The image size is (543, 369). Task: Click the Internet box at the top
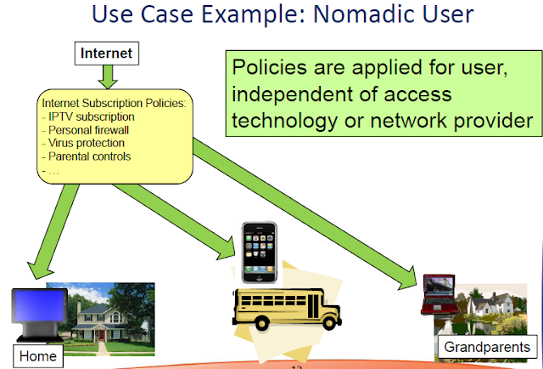tap(107, 53)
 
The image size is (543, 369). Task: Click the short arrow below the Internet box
tap(107, 77)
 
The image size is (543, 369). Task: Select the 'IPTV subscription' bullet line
tap(92, 116)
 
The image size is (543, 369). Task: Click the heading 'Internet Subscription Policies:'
tap(118, 103)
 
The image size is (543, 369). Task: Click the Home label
tap(39, 356)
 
